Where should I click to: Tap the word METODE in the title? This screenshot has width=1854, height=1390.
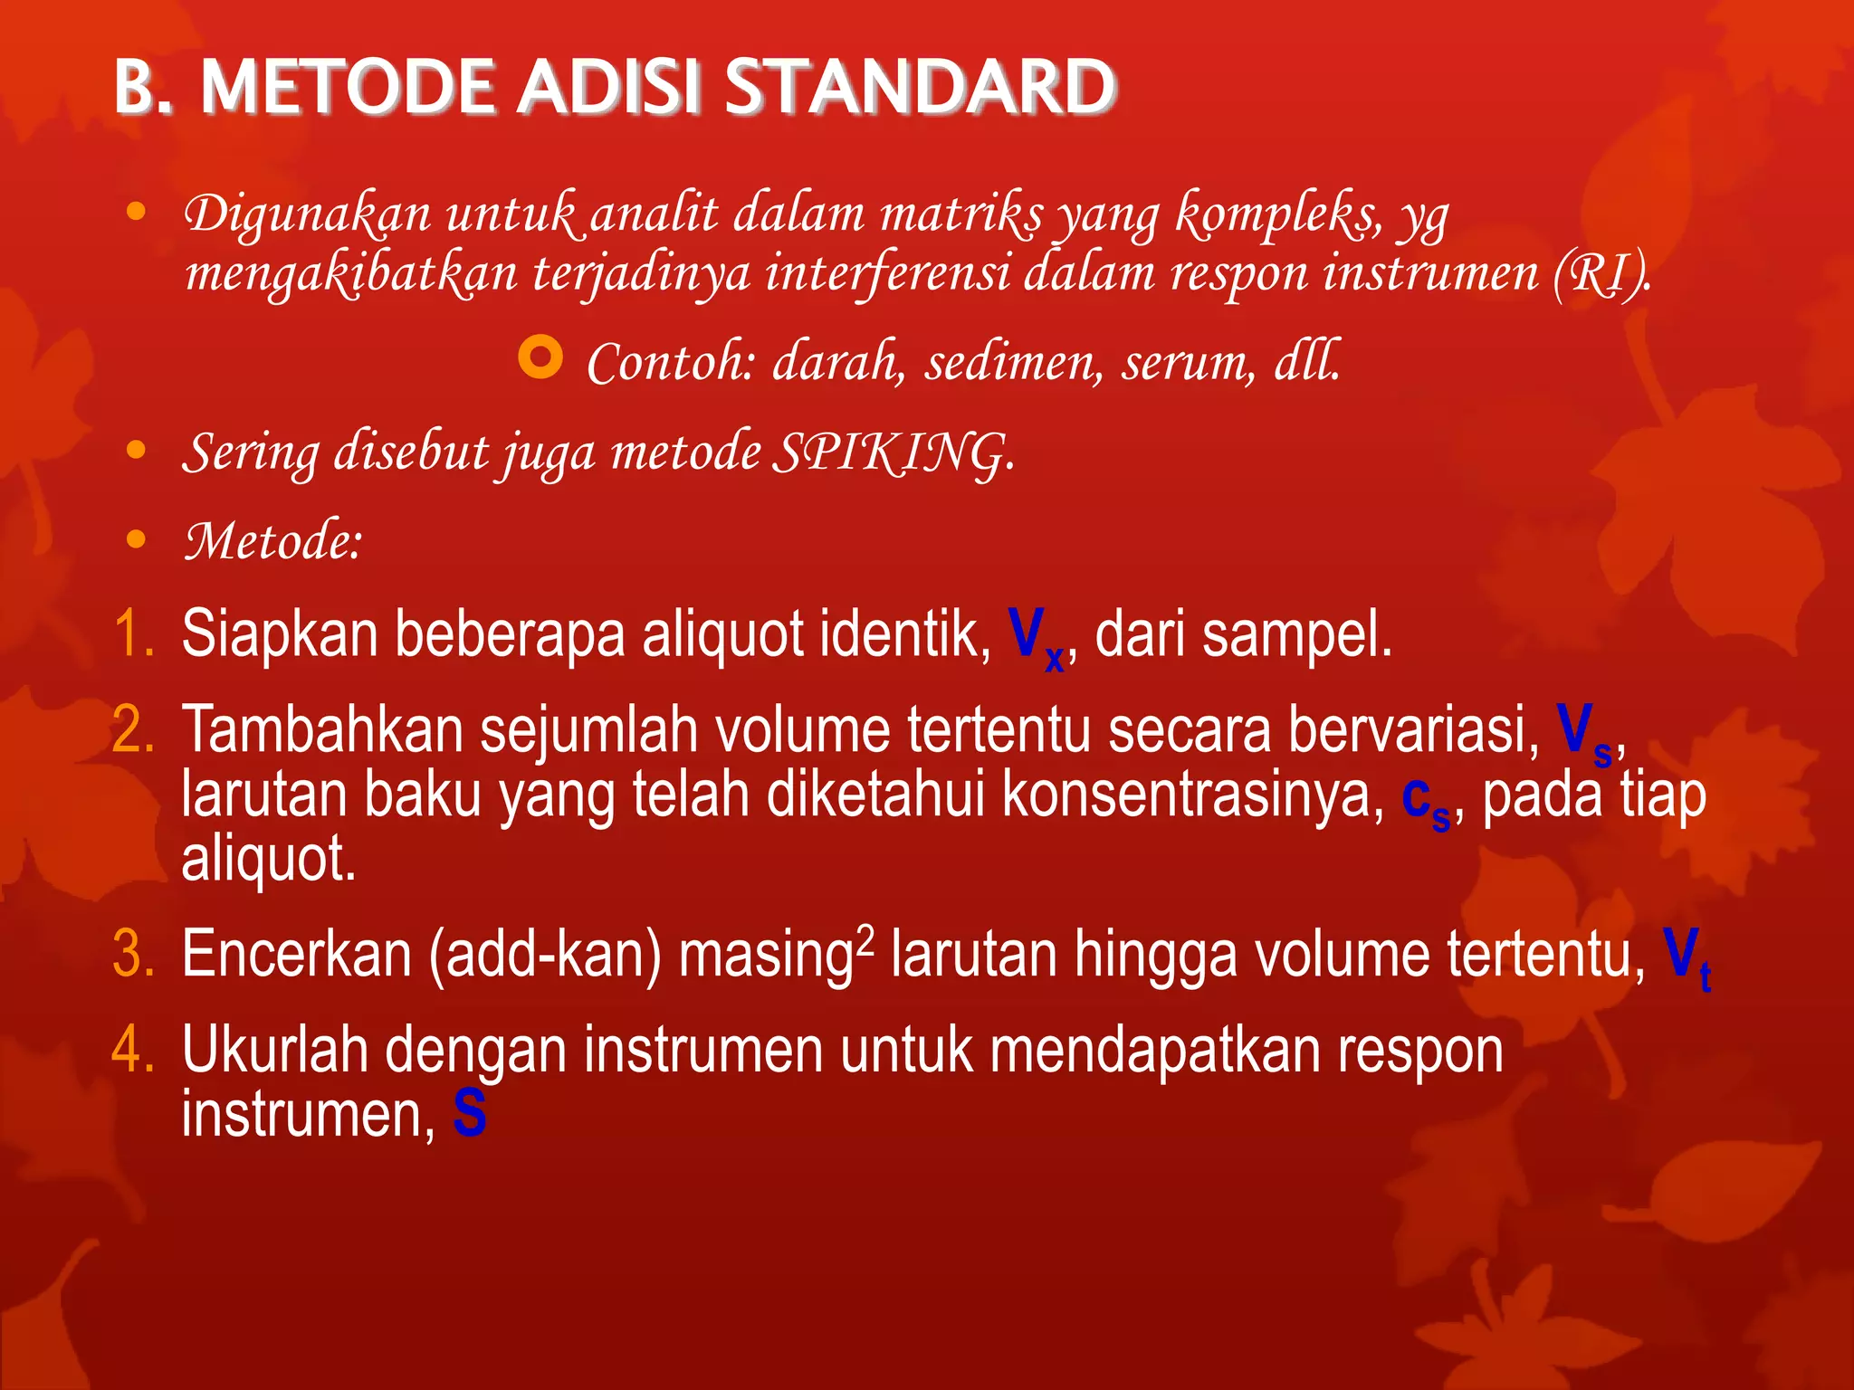point(348,88)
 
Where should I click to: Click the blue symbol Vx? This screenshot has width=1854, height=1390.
point(1036,637)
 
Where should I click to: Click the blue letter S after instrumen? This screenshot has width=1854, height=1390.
point(470,1114)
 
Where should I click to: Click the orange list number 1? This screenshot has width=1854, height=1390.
point(133,633)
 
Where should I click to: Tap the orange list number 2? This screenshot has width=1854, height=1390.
point(133,729)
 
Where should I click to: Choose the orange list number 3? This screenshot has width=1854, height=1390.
point(133,954)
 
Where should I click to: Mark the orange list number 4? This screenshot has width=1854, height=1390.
point(133,1050)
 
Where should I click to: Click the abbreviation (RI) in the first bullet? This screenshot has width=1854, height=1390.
point(1601,273)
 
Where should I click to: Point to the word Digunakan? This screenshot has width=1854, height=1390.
point(308,215)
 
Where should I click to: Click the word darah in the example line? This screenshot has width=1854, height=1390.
point(837,362)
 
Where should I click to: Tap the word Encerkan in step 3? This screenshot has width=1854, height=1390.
point(297,954)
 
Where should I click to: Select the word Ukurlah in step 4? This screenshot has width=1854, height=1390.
point(273,1050)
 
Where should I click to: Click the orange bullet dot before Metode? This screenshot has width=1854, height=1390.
point(136,540)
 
